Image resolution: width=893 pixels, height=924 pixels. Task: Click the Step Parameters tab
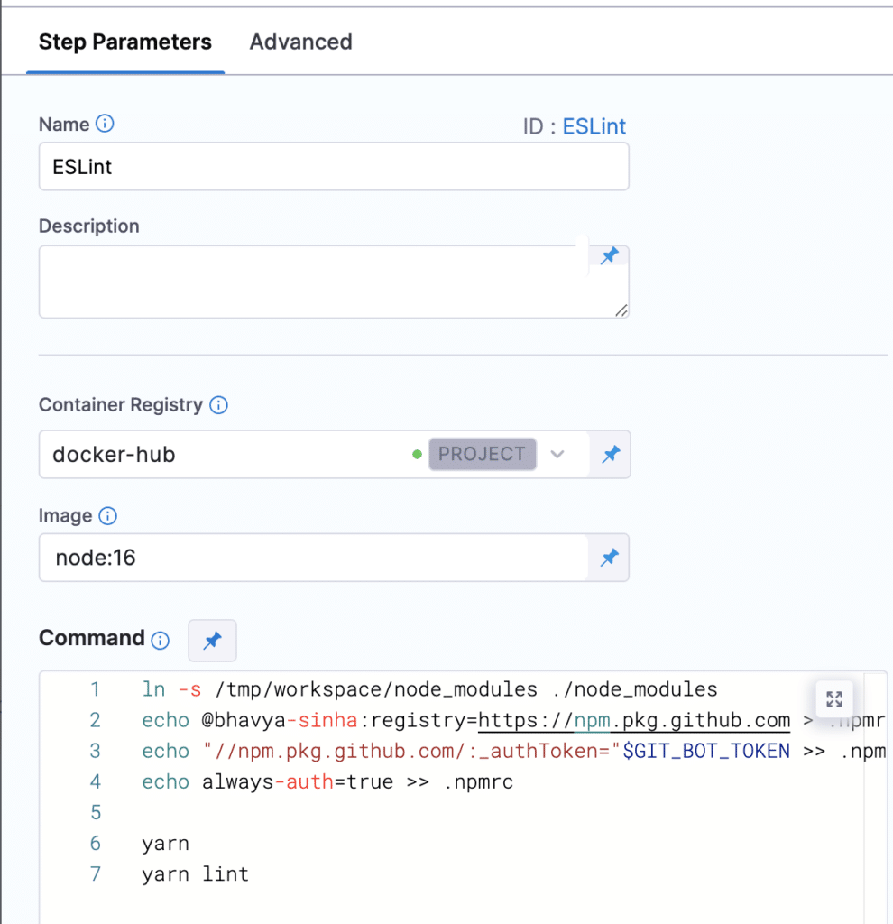pos(124,42)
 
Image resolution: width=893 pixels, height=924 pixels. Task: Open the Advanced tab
pos(301,42)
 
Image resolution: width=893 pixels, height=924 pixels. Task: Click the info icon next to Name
pos(105,124)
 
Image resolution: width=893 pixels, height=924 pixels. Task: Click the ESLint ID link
pos(594,126)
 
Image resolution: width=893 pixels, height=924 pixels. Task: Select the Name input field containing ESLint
pos(334,166)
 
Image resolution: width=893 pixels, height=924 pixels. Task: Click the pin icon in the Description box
pos(610,255)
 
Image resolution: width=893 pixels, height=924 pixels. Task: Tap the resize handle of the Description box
pos(621,310)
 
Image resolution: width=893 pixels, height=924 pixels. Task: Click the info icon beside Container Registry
pos(218,405)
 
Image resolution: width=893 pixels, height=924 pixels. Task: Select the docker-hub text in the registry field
pos(114,455)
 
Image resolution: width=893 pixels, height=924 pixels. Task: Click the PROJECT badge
pos(483,454)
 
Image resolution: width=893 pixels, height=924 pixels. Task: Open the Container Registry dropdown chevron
pos(557,455)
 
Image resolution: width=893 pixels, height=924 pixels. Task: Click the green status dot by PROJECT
pos(417,455)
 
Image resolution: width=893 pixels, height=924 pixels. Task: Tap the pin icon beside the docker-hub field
pos(611,455)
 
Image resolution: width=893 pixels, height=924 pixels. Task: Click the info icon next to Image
pos(108,515)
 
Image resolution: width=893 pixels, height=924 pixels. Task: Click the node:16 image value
pos(96,558)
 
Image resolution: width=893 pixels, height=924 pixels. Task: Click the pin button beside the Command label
pos(212,640)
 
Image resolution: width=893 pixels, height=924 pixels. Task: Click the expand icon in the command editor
pos(834,699)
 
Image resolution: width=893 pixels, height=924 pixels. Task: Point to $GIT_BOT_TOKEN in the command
pos(706,751)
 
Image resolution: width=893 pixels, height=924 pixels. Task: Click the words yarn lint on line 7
pos(195,873)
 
